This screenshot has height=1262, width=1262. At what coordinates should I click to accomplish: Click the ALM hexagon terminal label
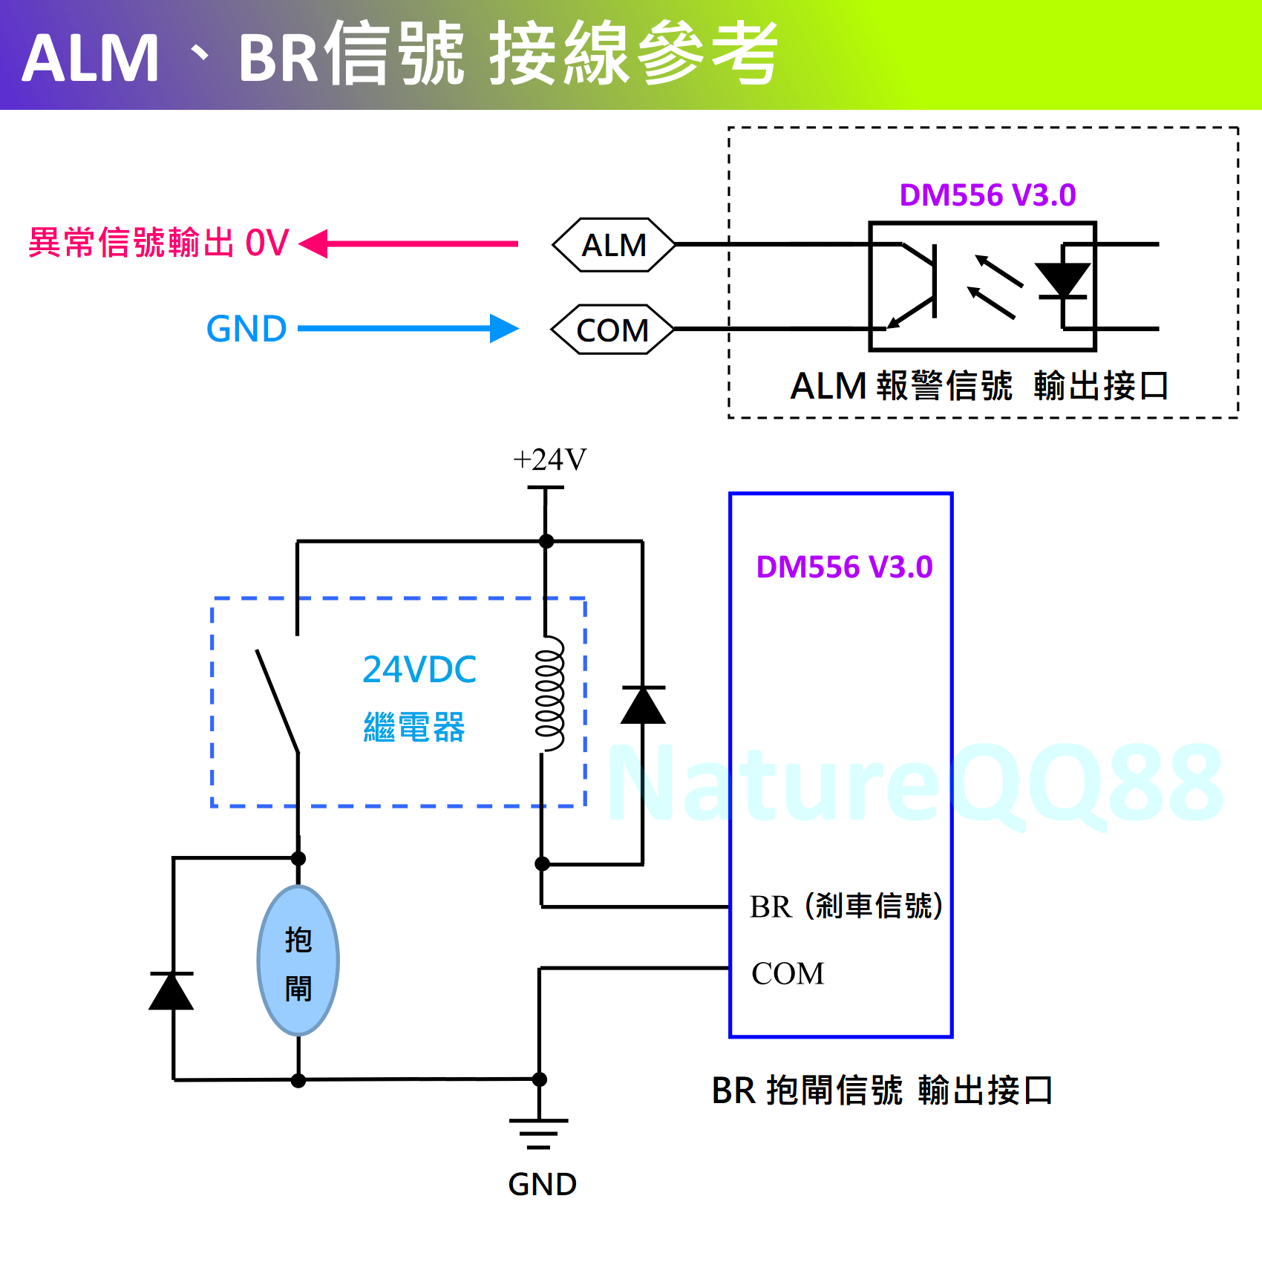pyautogui.click(x=614, y=245)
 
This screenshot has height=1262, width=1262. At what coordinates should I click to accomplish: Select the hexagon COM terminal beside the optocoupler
pyautogui.click(x=612, y=330)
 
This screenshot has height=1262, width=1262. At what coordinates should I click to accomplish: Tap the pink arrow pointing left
pyautogui.click(x=408, y=243)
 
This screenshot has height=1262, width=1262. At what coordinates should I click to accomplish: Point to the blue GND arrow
pyautogui.click(x=408, y=328)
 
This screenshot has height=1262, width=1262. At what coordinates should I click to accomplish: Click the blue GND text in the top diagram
pyautogui.click(x=246, y=329)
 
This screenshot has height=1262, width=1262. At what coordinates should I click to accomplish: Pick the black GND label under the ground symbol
pyautogui.click(x=542, y=1184)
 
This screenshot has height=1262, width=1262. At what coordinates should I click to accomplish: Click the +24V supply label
pyautogui.click(x=549, y=460)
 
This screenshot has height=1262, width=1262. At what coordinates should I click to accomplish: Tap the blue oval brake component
pyautogui.click(x=298, y=961)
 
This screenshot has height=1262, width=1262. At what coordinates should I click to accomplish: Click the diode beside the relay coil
pyautogui.click(x=643, y=705)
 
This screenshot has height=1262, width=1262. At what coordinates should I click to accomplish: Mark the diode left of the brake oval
pyautogui.click(x=172, y=991)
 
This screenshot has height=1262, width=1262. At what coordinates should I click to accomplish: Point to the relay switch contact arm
pyautogui.click(x=278, y=702)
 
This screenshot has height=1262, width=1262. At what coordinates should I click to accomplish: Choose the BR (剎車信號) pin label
pyautogui.click(x=846, y=906)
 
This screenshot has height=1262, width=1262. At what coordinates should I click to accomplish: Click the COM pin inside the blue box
pyautogui.click(x=788, y=973)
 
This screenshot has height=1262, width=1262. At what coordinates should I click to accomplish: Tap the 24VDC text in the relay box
pyautogui.click(x=419, y=670)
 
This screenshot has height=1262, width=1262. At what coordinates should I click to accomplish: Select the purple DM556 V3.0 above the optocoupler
pyautogui.click(x=987, y=195)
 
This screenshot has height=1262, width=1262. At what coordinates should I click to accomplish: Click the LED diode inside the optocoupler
pyautogui.click(x=1063, y=281)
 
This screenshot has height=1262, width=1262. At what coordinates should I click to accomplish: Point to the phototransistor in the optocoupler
pyautogui.click(x=917, y=286)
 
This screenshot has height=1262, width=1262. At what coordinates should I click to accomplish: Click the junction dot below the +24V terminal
pyautogui.click(x=546, y=541)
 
